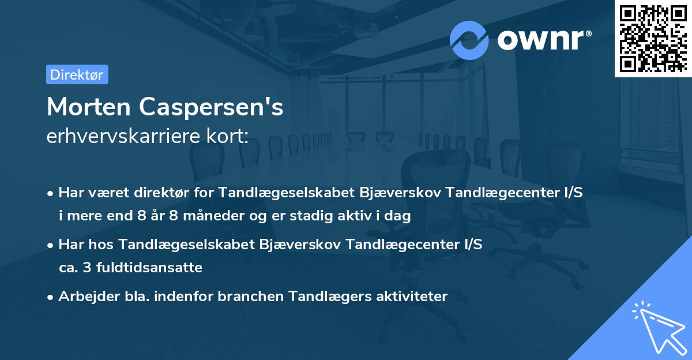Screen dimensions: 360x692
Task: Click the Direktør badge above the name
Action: pyautogui.click(x=77, y=74)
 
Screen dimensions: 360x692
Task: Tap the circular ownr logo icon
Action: pyautogui.click(x=469, y=40)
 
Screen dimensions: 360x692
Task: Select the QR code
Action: pyautogui.click(x=653, y=38)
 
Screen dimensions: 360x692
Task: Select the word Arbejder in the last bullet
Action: pyautogui.click(x=84, y=297)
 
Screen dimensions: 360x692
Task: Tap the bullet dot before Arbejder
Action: pyautogui.click(x=51, y=297)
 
